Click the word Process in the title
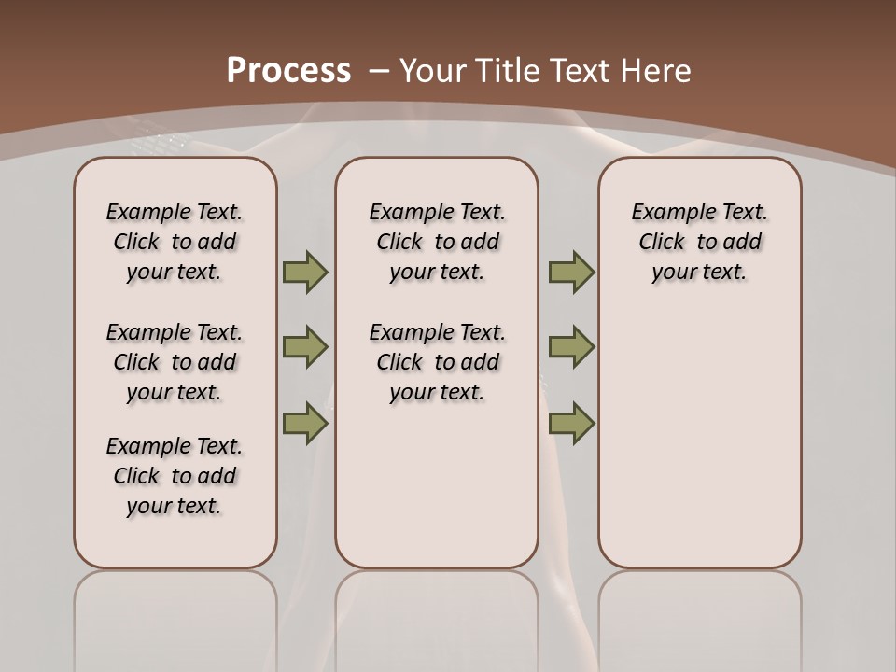288,71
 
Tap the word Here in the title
656,71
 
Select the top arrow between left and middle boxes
304,273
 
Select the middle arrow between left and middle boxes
304,347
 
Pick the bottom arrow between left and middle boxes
304,423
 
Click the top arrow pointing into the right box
571,273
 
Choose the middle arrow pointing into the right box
571,347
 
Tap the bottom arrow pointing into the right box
571,423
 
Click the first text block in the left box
175,242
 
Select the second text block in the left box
175,362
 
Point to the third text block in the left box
175,476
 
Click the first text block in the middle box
437,242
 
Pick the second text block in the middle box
437,362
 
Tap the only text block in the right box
699,242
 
